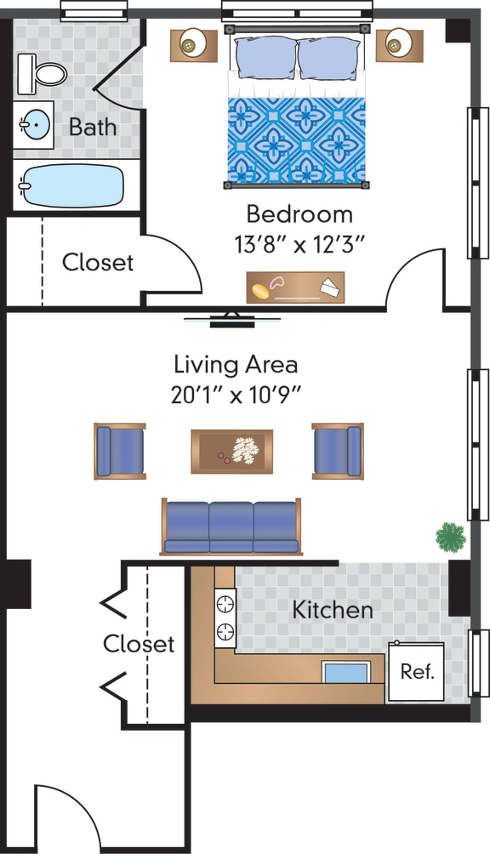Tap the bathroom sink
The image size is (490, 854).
[x=34, y=127]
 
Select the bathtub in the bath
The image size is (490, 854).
[x=71, y=185]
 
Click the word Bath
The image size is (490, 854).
[x=93, y=128]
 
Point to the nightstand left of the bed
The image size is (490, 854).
[x=194, y=43]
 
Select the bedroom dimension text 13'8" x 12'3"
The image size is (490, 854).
[x=299, y=244]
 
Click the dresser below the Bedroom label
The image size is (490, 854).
[x=295, y=288]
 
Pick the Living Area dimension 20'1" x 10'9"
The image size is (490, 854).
[x=236, y=395]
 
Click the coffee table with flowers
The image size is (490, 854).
[x=231, y=451]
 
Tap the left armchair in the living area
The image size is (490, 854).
[x=119, y=451]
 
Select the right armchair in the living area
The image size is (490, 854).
[x=338, y=451]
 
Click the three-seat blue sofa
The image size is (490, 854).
[x=231, y=527]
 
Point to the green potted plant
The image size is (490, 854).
[x=450, y=537]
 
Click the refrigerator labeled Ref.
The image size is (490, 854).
[x=417, y=671]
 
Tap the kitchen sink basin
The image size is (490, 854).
[x=346, y=672]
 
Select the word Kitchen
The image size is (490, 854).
[x=333, y=610]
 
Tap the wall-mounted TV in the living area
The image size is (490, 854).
[x=231, y=320]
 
